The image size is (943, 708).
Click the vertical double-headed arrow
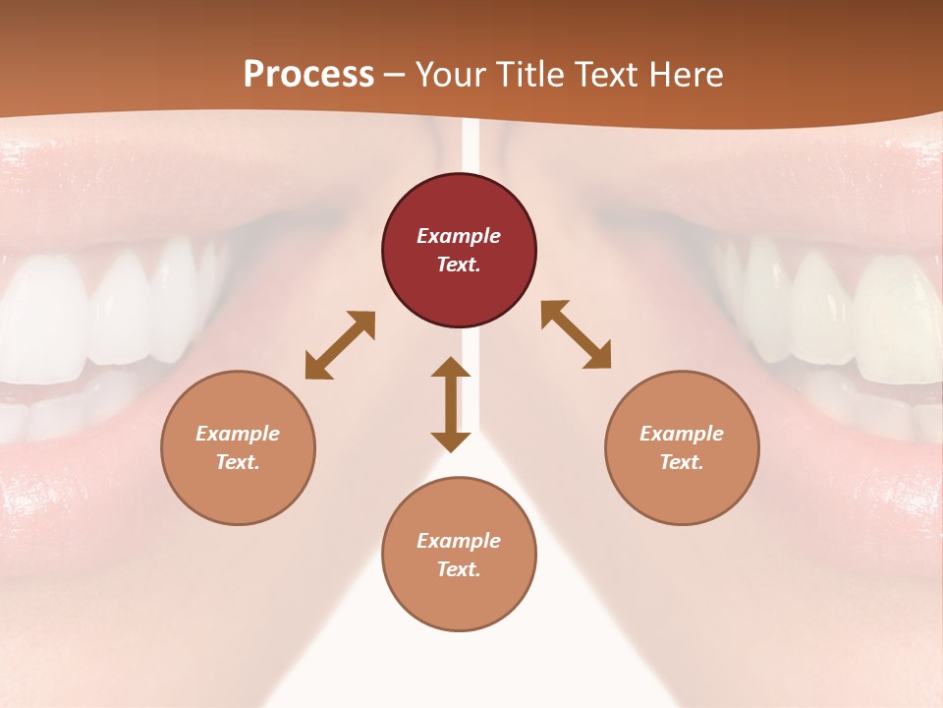451,404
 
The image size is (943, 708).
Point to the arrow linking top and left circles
340,345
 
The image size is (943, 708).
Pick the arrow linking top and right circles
576,334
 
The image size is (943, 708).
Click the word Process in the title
308,74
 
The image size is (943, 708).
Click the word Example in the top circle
459,236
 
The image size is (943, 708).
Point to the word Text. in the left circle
238,462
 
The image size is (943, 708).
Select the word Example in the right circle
682,434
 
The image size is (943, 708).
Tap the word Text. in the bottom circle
459,569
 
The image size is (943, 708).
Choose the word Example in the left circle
238,434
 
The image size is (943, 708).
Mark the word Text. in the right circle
682,462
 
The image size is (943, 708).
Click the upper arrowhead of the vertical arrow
451,368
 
